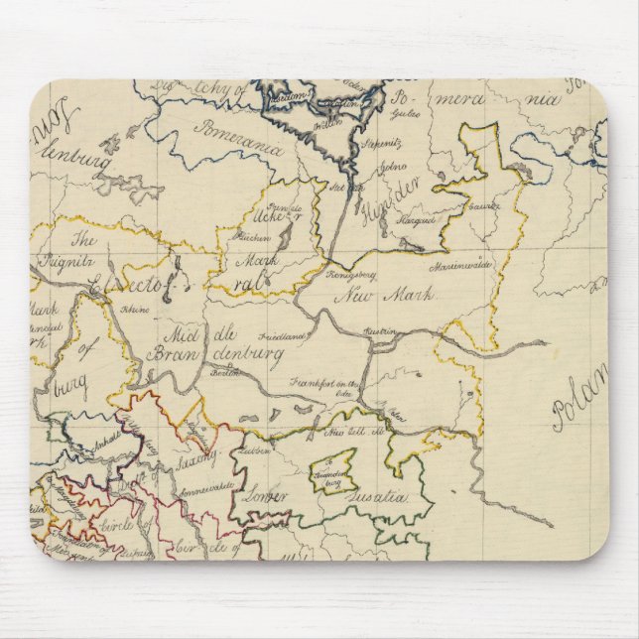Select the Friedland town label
click(284, 336)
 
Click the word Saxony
click(197, 460)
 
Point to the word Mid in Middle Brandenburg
click(169, 332)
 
